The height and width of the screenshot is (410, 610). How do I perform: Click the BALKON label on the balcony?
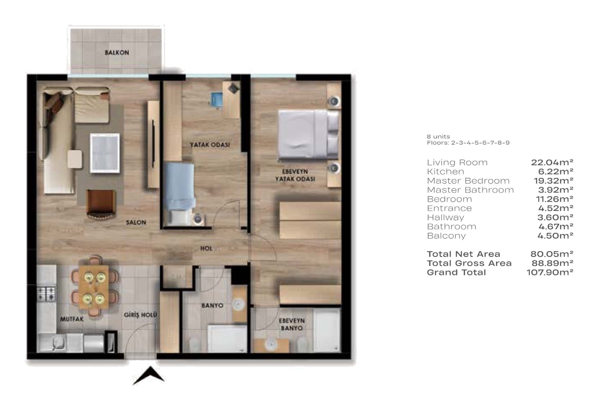click(117, 53)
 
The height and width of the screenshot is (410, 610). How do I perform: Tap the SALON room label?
click(136, 222)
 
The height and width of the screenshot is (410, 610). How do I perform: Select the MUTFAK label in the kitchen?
click(72, 319)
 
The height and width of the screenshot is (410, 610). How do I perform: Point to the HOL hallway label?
click(206, 249)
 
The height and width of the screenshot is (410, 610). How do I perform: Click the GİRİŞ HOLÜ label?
click(140, 315)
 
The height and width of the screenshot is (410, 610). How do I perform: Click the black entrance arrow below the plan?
click(149, 376)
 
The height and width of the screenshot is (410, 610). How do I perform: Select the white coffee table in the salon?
click(105, 153)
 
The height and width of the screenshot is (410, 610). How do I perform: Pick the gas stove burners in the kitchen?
click(46, 294)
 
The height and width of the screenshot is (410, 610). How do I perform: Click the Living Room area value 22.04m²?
click(552, 162)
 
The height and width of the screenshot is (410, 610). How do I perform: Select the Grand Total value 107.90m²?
click(550, 272)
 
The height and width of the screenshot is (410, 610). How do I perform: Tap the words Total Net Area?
click(464, 254)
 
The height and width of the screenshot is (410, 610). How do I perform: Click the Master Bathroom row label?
click(470, 190)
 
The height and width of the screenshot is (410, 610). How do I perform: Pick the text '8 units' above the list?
click(438, 137)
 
